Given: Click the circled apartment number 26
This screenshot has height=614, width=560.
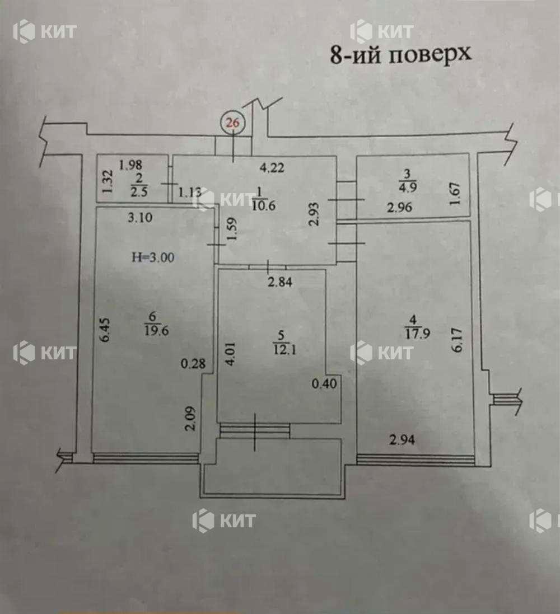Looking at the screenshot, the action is (233, 123).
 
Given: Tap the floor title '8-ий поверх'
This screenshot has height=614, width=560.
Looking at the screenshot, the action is (400, 54).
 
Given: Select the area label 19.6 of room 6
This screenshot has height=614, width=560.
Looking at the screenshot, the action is (157, 330).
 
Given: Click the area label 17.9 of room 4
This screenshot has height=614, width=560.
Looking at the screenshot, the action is (418, 333).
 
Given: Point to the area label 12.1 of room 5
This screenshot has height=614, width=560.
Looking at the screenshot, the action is (285, 349).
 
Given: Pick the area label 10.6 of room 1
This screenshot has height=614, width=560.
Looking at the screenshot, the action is (263, 205).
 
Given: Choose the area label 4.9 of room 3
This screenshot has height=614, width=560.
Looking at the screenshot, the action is (408, 187).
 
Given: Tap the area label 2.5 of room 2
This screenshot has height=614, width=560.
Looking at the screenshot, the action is (139, 193).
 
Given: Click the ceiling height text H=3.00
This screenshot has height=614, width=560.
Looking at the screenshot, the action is (153, 257).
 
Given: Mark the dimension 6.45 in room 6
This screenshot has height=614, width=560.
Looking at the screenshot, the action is (105, 330).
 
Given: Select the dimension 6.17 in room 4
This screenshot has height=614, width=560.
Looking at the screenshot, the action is (458, 340).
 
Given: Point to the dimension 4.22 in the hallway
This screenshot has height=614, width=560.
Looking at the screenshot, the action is (272, 167).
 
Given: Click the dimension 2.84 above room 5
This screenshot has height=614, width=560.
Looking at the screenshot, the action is (280, 282).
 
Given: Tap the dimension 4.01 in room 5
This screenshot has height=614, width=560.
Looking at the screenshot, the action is (230, 354).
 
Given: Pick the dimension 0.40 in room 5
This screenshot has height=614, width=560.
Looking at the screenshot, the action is (324, 383).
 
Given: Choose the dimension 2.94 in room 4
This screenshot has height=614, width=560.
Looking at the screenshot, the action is (402, 440).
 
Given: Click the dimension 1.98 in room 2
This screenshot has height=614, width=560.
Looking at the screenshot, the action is (130, 165).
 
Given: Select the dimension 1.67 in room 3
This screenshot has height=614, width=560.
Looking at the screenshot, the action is (454, 194).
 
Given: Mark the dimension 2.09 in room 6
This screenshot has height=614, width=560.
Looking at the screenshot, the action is (190, 419).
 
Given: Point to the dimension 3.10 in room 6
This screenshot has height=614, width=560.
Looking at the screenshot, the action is (141, 217).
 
